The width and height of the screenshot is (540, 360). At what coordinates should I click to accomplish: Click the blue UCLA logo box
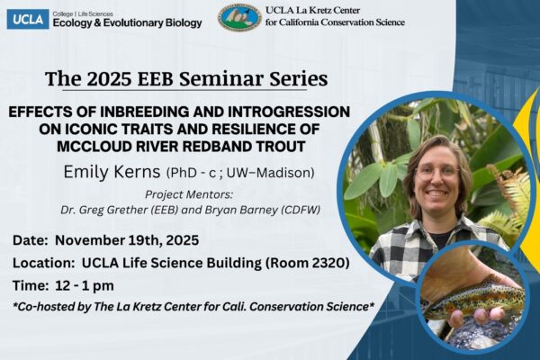pos(28,18)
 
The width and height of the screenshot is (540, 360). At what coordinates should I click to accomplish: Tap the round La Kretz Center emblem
pos(239,17)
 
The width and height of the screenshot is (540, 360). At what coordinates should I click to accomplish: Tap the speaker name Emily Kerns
pos(103,171)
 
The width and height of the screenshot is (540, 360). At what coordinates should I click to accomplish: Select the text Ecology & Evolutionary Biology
pos(127,22)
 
